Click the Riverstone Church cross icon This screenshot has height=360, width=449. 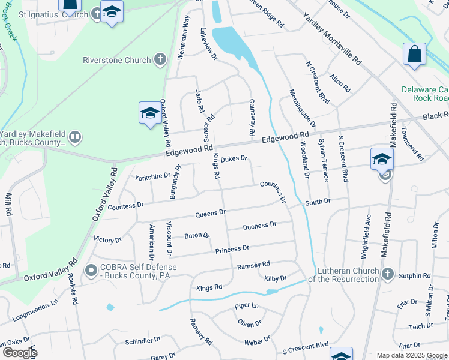pos(159,59)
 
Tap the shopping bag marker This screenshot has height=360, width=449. pos(414,55)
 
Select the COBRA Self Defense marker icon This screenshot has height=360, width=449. pos(91,271)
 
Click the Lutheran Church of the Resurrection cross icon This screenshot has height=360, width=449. pos(388,274)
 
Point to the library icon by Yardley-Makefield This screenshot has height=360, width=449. pos(74,138)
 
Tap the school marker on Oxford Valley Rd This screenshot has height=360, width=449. pos(149,112)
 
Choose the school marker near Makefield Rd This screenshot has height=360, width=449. pos(381,159)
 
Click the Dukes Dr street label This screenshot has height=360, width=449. pos(234,159)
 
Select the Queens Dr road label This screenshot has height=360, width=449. pos(211,213)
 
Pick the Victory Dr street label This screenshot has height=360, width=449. pos(108,239)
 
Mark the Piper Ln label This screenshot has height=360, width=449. pos(246,306)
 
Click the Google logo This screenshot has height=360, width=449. pos(19,353)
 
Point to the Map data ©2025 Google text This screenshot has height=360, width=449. pos(411,355)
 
